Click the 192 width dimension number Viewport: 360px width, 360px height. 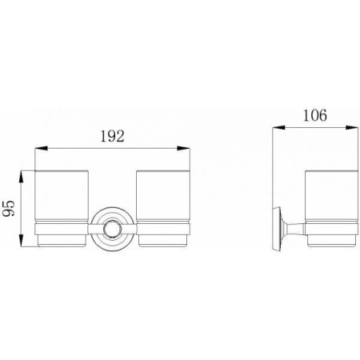[x=112, y=136]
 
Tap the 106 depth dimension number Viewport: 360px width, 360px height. [x=315, y=116]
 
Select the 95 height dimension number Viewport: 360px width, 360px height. [x=9, y=208]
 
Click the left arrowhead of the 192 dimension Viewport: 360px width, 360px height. [x=41, y=148]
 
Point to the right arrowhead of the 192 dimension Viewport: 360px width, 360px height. [x=184, y=148]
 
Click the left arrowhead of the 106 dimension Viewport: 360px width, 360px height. [x=278, y=128]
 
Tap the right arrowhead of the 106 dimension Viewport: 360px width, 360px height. [x=352, y=128]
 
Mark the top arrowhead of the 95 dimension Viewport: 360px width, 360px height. [x=22, y=177]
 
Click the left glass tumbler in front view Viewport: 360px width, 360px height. [x=62, y=197]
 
